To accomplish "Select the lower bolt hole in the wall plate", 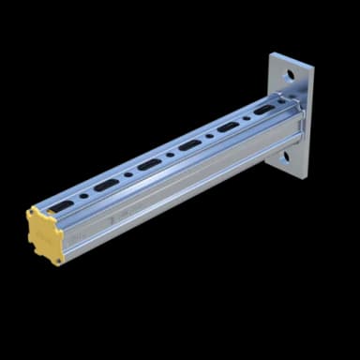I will [x=285, y=158].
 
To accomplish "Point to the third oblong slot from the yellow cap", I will [x=148, y=165].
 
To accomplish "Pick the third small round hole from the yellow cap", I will [x=169, y=157].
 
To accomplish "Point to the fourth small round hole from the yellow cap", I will [x=208, y=137].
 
